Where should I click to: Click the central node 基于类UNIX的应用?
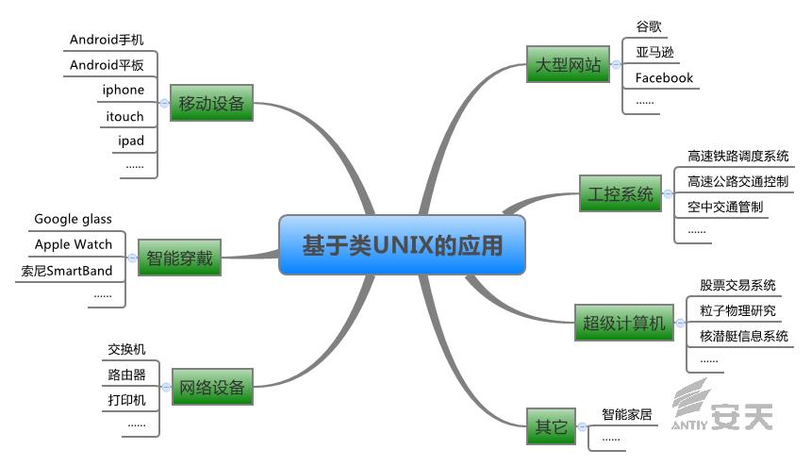[x=403, y=245]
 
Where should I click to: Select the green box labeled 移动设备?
[x=211, y=103]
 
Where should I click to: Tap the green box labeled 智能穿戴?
[x=179, y=256]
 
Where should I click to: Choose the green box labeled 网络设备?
[x=211, y=387]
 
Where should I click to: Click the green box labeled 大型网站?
[x=568, y=65]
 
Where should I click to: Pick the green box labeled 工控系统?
[x=620, y=194]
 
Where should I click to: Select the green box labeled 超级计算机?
[x=623, y=324]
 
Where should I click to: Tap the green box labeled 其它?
[x=552, y=426]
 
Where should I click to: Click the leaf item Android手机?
[x=107, y=40]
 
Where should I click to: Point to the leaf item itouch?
[x=124, y=117]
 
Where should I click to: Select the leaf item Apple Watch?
[x=74, y=244]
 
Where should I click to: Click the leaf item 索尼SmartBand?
[x=67, y=271]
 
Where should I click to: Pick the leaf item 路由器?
[x=126, y=374]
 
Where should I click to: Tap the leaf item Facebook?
[x=664, y=77]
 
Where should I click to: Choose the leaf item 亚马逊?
[x=655, y=52]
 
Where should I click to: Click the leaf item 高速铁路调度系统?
[x=738, y=156]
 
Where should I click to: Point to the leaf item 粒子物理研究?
[x=737, y=310]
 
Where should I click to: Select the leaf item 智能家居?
[x=627, y=413]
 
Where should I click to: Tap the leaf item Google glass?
[x=73, y=219]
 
